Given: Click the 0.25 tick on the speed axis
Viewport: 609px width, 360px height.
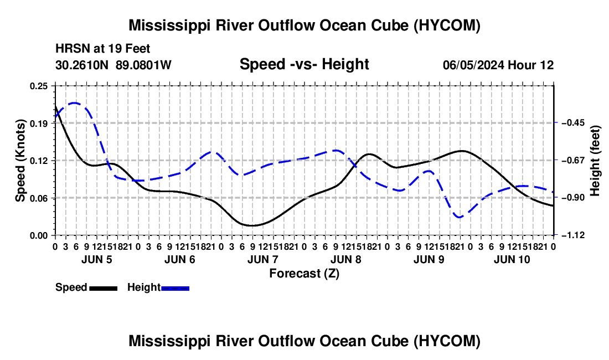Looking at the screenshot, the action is pyautogui.click(x=38, y=86).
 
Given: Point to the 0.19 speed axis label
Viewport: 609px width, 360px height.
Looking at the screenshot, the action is pyautogui.click(x=38, y=124).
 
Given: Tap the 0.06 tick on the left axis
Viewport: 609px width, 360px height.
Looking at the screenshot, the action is pyautogui.click(x=38, y=198).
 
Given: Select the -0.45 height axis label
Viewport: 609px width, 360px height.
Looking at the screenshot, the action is pyautogui.click(x=573, y=123).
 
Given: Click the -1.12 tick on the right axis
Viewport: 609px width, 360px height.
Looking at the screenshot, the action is pyautogui.click(x=573, y=235).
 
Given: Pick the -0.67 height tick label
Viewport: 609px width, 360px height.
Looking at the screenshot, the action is pyautogui.click(x=573, y=160).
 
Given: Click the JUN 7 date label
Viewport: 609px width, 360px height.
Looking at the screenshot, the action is pyautogui.click(x=263, y=259).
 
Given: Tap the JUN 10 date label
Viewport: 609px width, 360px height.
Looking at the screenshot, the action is pyautogui.click(x=512, y=259).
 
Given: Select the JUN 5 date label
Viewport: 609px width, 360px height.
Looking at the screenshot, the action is pyautogui.click(x=97, y=259).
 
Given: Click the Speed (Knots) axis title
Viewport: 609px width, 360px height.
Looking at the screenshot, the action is pyautogui.click(x=20, y=161).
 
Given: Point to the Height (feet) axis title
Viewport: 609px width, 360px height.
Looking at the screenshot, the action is pyautogui.click(x=595, y=161).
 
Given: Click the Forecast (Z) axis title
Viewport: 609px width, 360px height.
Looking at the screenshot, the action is pyautogui.click(x=304, y=274).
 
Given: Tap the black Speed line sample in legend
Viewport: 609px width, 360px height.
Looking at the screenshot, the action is pyautogui.click(x=103, y=288).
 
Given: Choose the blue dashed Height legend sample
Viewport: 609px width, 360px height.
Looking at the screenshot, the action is pyautogui.click(x=175, y=288).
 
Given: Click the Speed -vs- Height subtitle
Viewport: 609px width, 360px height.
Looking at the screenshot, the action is pyautogui.click(x=304, y=64).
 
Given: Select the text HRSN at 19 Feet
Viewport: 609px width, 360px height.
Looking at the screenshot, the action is pyautogui.click(x=102, y=49).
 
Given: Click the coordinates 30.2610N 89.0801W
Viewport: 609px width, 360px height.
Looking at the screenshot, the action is pyautogui.click(x=113, y=65).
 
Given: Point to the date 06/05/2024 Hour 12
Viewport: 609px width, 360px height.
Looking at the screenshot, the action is pyautogui.click(x=498, y=65).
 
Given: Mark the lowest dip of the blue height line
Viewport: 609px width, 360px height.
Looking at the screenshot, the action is pyautogui.click(x=460, y=217).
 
